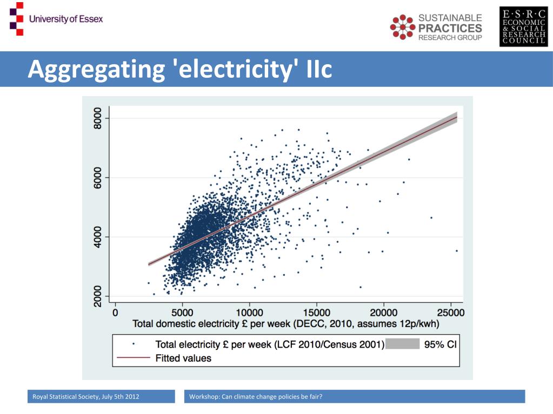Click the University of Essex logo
point(56,19)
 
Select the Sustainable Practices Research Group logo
point(436,27)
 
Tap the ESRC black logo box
point(523,27)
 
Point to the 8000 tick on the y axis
point(98,118)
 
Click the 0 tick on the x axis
point(115,313)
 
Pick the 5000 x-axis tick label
point(182,313)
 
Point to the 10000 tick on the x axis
point(249,313)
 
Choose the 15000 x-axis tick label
point(316,313)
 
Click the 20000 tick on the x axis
point(383,313)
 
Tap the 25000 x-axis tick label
point(450,313)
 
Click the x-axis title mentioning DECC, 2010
point(286,324)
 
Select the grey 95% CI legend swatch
point(402,344)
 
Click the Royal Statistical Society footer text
point(85,397)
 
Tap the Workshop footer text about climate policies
point(256,397)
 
